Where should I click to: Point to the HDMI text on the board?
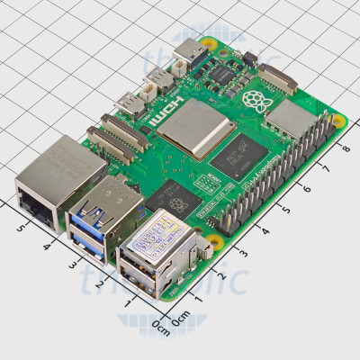click(x=166, y=112)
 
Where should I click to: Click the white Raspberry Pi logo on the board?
click(x=250, y=98)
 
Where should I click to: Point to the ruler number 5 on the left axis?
click(x=20, y=228)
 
